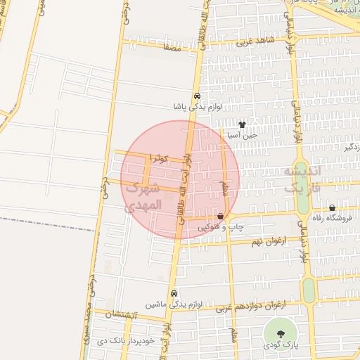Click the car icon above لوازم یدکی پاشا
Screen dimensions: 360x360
(197, 96)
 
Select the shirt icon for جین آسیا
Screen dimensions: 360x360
(243, 124)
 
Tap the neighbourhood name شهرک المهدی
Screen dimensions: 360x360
(143, 197)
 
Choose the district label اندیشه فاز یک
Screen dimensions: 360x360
(302, 180)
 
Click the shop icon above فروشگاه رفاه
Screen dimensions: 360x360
(332, 207)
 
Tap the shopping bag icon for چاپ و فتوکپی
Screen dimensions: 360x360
(221, 216)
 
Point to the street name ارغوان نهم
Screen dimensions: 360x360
(262, 241)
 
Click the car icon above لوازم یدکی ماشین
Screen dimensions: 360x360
(174, 294)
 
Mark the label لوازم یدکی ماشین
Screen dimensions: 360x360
(174, 305)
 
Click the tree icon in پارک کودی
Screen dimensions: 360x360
(281, 333)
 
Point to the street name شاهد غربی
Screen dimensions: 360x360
(252, 42)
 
